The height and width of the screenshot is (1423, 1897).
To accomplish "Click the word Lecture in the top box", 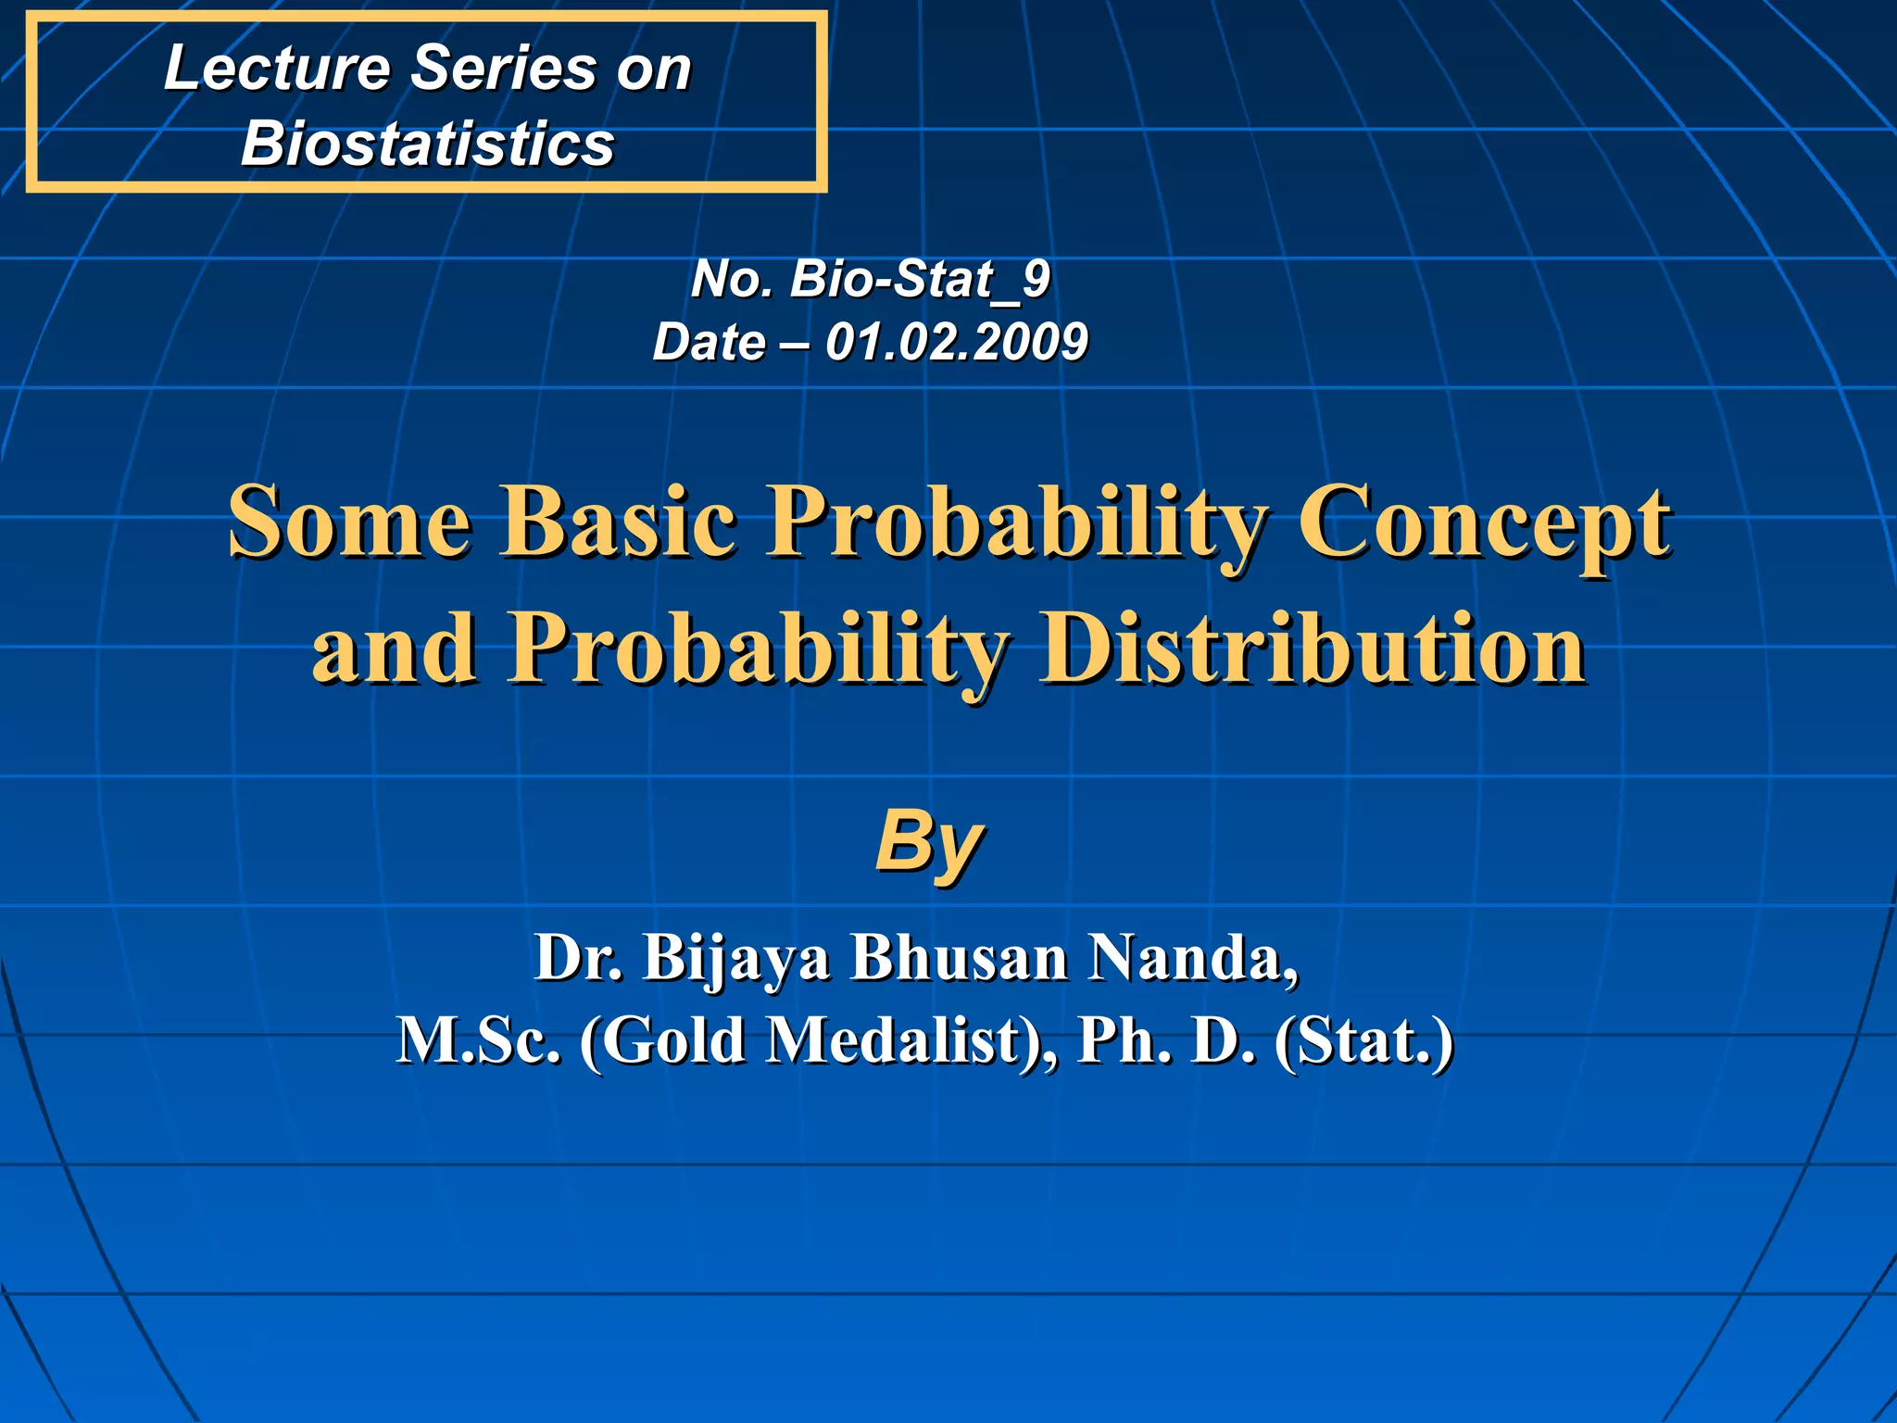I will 277,69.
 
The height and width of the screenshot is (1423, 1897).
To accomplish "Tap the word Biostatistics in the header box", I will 427,145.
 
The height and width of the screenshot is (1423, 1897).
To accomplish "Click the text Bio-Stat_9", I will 920,279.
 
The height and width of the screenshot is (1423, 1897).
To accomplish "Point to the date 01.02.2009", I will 956,342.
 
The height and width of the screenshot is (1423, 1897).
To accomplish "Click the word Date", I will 709,342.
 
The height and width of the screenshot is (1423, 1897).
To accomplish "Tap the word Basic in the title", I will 619,522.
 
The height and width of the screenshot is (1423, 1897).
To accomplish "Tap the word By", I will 929,842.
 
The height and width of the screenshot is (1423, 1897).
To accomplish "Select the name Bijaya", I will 736,959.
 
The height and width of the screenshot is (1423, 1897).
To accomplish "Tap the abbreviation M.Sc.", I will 478,1040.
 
